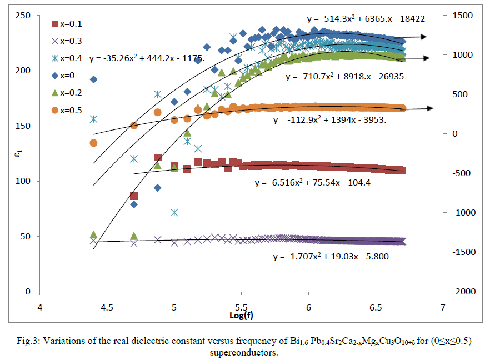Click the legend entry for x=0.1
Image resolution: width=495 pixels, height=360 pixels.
[x=67, y=24]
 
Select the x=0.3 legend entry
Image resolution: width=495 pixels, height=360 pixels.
[x=67, y=41]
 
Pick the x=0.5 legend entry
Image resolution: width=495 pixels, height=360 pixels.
[x=67, y=111]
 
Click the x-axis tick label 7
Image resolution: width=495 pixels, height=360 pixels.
[x=443, y=307]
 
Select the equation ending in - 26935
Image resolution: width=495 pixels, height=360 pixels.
[x=344, y=77]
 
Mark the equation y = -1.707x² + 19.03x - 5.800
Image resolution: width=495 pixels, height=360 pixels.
[x=331, y=257]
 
